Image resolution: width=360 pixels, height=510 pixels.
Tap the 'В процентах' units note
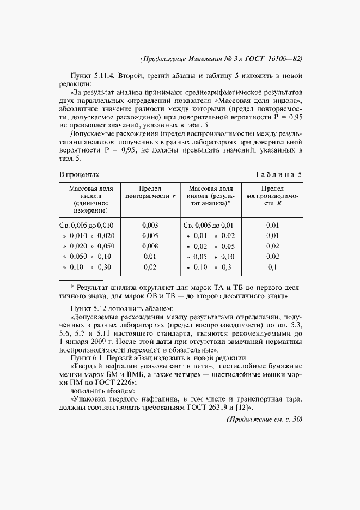pos(78,174)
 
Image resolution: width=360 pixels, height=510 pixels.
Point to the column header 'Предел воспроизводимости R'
pos(272,195)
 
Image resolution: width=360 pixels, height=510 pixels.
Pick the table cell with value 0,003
pos(150,224)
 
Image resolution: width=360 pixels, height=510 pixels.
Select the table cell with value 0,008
pos(150,246)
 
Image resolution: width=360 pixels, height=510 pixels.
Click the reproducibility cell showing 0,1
pos(272,267)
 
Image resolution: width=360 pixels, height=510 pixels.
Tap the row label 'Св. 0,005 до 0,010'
pos(86,224)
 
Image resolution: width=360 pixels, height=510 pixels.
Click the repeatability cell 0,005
pos(150,235)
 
